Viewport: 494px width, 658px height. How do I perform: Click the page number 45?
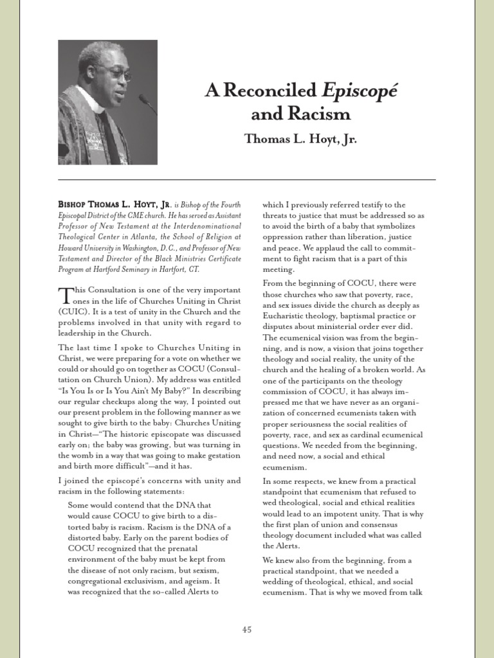pyautogui.click(x=247, y=630)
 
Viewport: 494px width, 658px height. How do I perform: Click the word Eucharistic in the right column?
pyautogui.click(x=287, y=316)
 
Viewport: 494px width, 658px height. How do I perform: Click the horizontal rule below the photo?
pyautogui.click(x=247, y=179)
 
